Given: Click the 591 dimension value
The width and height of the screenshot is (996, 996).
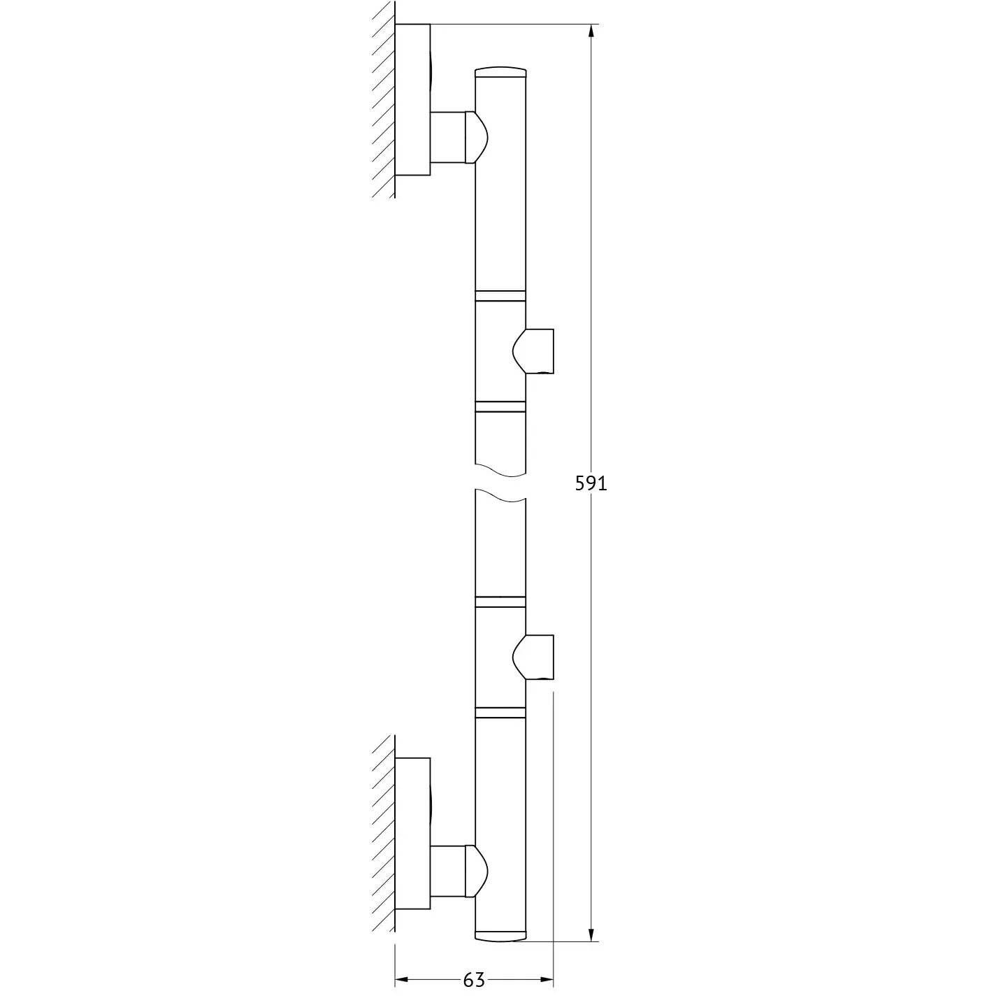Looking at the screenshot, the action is [591, 483].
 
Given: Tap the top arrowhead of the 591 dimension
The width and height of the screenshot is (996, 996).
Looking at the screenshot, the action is [591, 31].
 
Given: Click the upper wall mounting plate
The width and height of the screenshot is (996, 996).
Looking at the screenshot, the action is [412, 99].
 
